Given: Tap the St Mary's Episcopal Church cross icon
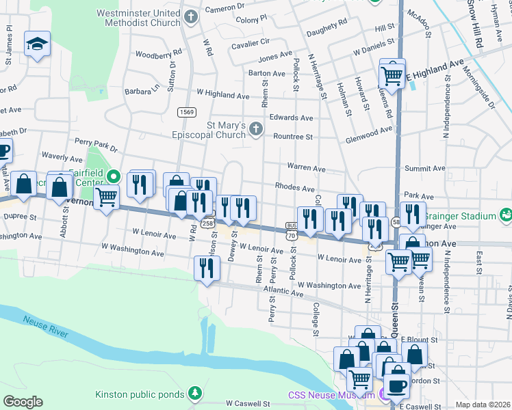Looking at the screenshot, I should pyautogui.click(x=255, y=129).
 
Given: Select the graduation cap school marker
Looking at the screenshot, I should pyautogui.click(x=36, y=46).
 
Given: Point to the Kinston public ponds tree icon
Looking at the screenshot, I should pyautogui.click(x=196, y=394).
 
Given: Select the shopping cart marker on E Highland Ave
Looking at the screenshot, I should pyautogui.click(x=392, y=77).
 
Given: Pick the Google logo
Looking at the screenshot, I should pyautogui.click(x=23, y=402).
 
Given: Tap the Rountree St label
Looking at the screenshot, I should pyautogui.click(x=292, y=137).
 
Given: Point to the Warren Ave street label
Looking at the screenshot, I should pyautogui.click(x=305, y=167).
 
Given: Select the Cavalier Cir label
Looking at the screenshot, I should pyautogui.click(x=251, y=41).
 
